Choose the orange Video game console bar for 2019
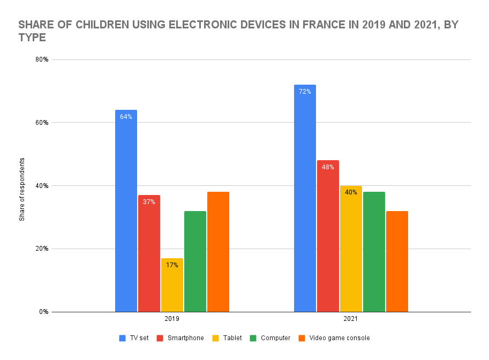pos(218,251)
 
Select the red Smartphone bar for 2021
pos(328,236)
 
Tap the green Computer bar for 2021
pos(374,251)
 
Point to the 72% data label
pos(305,92)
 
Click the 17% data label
pos(172,265)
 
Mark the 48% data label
pos(328,167)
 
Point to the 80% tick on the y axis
pos(42,59)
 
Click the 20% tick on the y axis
pos(42,249)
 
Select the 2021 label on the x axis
pos(351,318)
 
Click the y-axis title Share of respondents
pos(22,189)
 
